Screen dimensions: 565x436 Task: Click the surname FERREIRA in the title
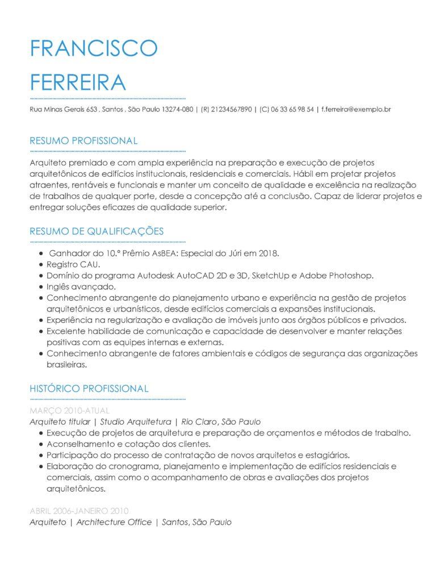point(77,82)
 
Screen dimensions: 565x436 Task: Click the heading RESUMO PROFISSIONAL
point(83,141)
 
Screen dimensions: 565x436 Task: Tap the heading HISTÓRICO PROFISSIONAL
point(89,388)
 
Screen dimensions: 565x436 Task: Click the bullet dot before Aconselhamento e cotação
point(41,444)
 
